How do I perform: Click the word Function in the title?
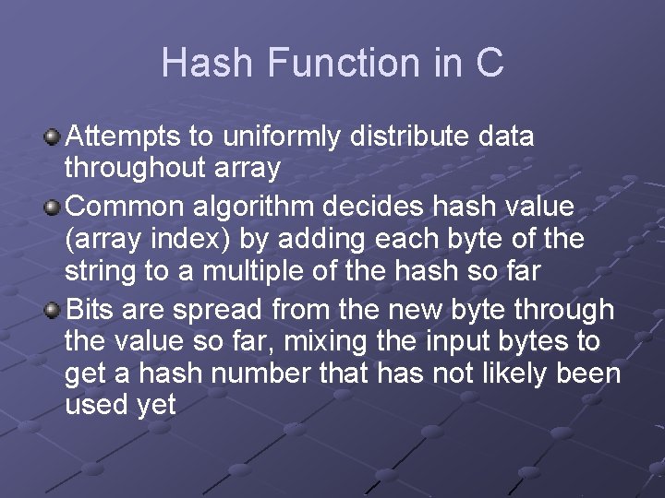(x=344, y=63)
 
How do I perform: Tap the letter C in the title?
(x=489, y=63)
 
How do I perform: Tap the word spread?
(x=217, y=309)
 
